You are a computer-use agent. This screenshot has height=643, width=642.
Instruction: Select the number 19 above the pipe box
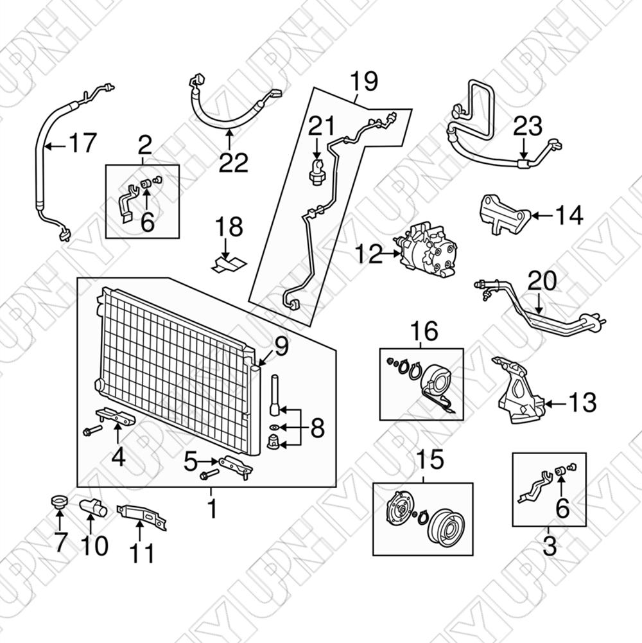pos(363,82)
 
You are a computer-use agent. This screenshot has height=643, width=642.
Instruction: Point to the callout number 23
pos(528,127)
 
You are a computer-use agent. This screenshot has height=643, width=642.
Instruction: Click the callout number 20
pos(542,281)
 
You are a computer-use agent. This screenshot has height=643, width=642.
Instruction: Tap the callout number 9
pos(281,348)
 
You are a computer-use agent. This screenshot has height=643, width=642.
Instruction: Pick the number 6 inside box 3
pos(562,509)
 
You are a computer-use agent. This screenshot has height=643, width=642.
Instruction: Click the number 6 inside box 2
pos(147,222)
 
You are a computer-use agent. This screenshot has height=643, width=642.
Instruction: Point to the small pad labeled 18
pos(228,262)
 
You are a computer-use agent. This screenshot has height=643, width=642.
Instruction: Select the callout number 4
pos(117,457)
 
